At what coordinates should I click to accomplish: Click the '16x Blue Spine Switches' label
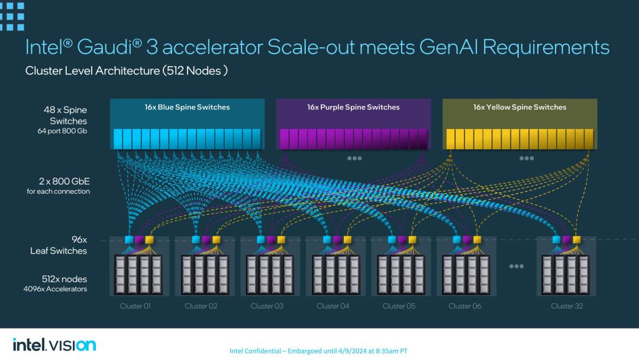point(187,107)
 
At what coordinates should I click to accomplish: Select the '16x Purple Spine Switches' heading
point(353,107)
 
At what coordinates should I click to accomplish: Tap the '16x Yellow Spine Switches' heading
point(519,107)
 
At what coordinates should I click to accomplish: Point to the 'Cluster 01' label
point(135,306)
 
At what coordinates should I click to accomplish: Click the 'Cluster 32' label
point(567,306)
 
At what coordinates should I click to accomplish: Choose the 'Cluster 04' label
point(333,306)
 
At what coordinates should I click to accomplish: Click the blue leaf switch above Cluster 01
point(129,240)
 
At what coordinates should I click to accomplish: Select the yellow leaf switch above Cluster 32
point(577,240)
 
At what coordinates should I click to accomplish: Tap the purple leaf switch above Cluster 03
point(271,240)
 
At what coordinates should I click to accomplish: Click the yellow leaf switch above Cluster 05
point(412,240)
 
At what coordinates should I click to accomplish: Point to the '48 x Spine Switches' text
point(65,115)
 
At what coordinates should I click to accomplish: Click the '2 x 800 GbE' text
point(64,181)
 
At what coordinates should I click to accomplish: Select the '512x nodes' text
point(64,279)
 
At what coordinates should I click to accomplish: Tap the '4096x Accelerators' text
point(55,289)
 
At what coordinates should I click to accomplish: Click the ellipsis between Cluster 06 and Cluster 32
point(517,266)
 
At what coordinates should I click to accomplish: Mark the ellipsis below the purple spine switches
point(354,158)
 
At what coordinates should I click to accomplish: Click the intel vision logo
point(54,345)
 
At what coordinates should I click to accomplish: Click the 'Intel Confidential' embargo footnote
point(318,351)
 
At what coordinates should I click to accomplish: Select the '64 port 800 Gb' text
point(62,131)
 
